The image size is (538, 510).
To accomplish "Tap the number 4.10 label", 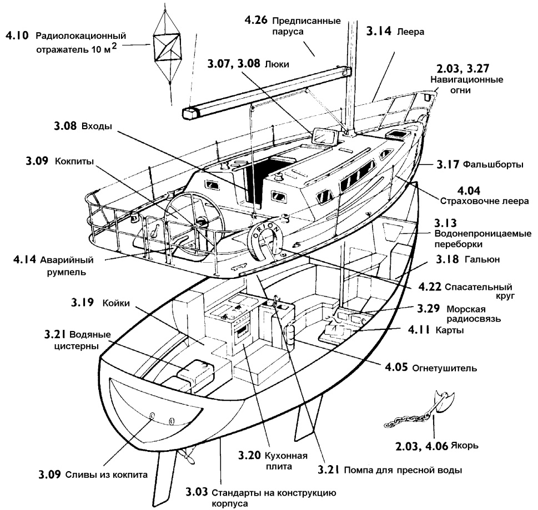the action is pyautogui.click(x=17, y=35).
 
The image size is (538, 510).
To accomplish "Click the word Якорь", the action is pyautogui.click(x=465, y=446).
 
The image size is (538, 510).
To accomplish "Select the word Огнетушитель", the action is pyautogui.click(x=444, y=368).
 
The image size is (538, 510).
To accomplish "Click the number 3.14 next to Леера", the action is pyautogui.click(x=379, y=31).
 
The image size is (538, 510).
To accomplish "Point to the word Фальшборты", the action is pyautogui.click(x=493, y=165).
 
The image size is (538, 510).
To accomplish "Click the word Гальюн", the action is pyautogui.click(x=482, y=259).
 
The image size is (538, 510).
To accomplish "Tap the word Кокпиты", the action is pyautogui.click(x=74, y=161).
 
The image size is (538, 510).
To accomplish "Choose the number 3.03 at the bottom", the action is pyautogui.click(x=197, y=492).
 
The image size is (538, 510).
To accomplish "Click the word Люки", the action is pyautogui.click(x=277, y=64).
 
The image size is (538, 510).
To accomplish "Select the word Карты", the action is pyautogui.click(x=450, y=330).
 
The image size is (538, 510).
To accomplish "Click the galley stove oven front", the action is pyautogui.click(x=242, y=330).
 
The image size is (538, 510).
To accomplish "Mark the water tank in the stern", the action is pyautogui.click(x=195, y=371).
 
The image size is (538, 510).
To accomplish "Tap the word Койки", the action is pyautogui.click(x=116, y=303).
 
